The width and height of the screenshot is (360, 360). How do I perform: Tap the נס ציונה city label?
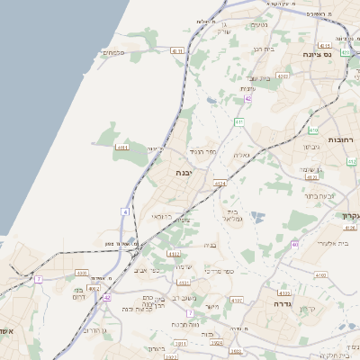click(337, 55)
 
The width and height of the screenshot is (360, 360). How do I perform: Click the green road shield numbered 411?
click(238, 121)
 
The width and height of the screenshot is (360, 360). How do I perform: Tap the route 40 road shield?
click(295, 244)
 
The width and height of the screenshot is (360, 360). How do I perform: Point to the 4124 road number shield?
click(219, 184)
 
